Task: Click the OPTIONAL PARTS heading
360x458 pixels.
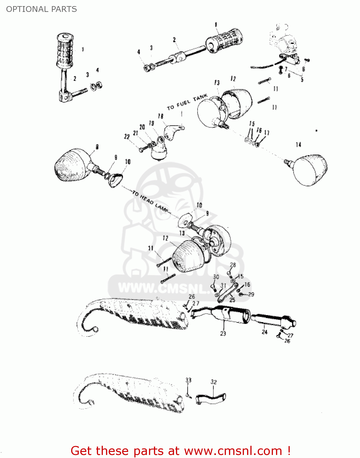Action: [x=42, y=9]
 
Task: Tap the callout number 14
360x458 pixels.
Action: [x=298, y=144]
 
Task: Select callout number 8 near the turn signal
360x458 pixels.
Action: [x=97, y=147]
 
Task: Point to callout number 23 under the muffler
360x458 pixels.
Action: [x=223, y=333]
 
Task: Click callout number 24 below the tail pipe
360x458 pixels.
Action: [x=264, y=332]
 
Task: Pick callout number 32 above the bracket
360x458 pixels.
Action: [x=213, y=382]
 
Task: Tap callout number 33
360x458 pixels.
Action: [x=188, y=380]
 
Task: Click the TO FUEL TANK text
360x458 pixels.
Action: [x=187, y=103]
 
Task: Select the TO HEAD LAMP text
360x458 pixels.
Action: [x=150, y=202]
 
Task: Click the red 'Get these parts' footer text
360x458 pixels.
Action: [x=180, y=451]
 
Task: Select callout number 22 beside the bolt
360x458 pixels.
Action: [x=127, y=136]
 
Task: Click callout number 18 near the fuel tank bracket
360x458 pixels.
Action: [x=160, y=116]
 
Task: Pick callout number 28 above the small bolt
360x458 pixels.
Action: [x=233, y=265]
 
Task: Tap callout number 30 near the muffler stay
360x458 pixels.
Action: [x=216, y=277]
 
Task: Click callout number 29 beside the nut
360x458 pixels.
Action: [x=251, y=294]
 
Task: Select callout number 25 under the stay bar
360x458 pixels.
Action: [x=232, y=300]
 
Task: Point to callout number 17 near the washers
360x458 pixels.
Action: [x=267, y=133]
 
